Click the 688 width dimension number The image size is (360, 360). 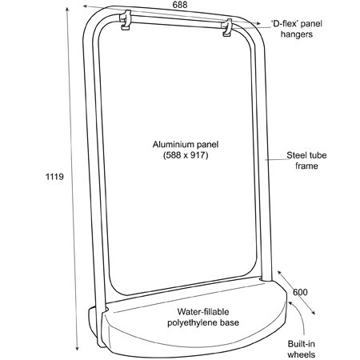point(180,5)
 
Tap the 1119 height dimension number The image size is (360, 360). point(54,177)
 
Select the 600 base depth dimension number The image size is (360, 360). point(300,292)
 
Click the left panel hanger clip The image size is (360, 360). point(126,20)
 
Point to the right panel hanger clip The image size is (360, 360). point(227,27)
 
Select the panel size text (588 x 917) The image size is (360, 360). point(186,155)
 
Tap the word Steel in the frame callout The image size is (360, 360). point(296,155)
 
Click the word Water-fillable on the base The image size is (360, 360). point(203,311)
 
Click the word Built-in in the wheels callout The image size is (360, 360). point(302,344)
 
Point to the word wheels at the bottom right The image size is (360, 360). point(302,354)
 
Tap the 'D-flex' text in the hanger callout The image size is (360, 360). point(285,23)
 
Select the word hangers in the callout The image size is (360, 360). point(297,34)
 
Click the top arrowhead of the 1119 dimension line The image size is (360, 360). point(67,9)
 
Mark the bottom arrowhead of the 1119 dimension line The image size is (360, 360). point(77,348)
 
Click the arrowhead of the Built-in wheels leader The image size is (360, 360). point(290,302)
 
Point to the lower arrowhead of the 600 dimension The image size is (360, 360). point(313,313)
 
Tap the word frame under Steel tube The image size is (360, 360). point(306,166)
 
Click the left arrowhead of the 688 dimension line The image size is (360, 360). point(86,6)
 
